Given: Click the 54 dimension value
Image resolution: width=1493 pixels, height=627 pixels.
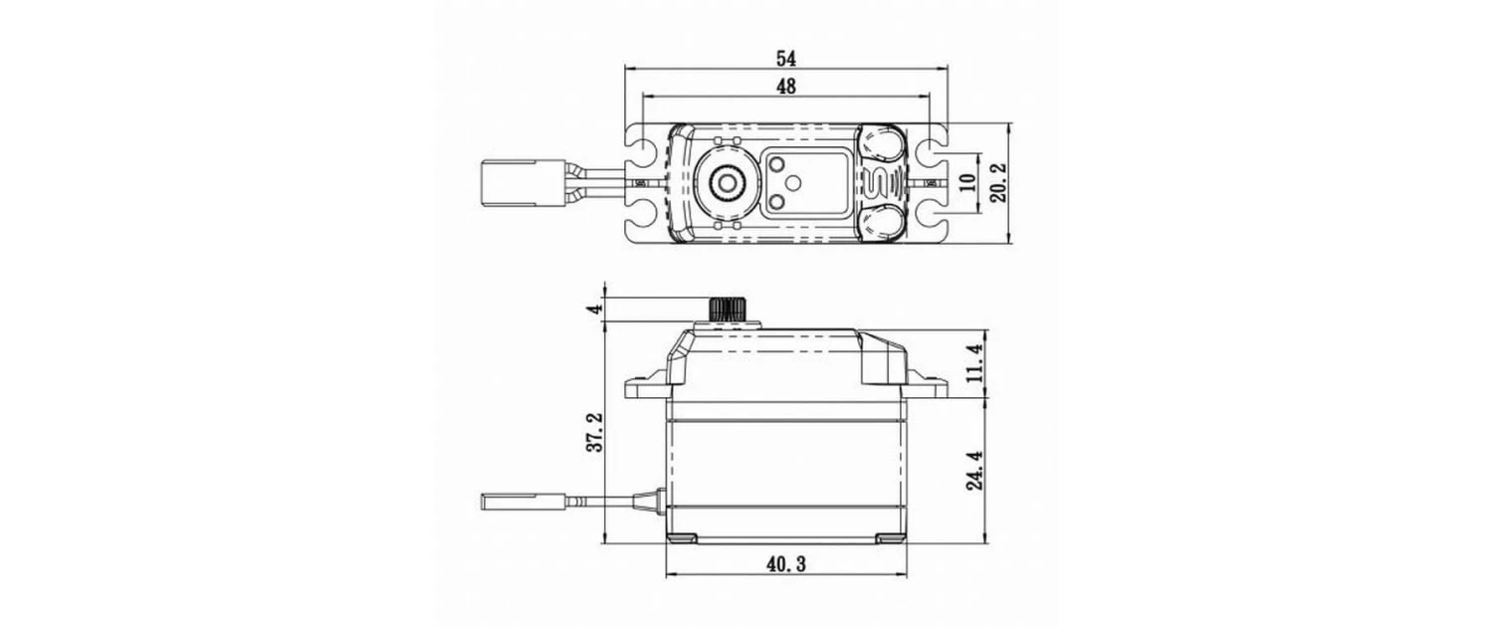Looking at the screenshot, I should click(x=786, y=57).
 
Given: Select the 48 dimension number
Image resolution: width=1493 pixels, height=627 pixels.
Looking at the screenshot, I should click(x=786, y=87).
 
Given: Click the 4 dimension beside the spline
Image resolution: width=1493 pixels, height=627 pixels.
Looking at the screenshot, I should click(x=595, y=309).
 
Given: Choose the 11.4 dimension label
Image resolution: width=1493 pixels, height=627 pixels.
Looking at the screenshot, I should click(x=974, y=364).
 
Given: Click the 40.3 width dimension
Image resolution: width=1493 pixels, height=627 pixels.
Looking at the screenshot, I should click(x=786, y=564).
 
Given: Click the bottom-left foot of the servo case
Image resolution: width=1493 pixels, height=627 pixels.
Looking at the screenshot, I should click(x=683, y=538).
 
